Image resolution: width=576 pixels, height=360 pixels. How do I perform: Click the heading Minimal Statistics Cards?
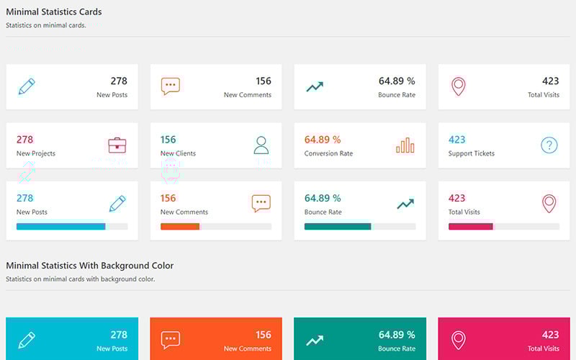coord(54,12)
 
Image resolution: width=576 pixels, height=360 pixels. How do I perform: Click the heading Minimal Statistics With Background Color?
coord(89,266)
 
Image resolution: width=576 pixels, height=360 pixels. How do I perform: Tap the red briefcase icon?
coord(117,145)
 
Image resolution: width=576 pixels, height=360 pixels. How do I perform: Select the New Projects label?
coord(36,153)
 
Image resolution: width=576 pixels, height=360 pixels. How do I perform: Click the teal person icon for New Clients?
coord(261,145)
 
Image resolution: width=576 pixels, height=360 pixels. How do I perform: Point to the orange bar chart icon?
coord(405,145)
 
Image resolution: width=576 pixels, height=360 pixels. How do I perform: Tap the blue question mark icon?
coord(549,145)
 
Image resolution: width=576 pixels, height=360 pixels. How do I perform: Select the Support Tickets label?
coord(472,153)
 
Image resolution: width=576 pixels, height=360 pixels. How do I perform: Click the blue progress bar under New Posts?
coord(61,226)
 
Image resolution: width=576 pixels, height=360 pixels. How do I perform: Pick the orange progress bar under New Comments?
coord(180,226)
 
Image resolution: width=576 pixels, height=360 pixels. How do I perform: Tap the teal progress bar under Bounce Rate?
coord(338,226)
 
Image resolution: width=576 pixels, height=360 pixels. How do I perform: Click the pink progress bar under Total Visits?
coord(471,226)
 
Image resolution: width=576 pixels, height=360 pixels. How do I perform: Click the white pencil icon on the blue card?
coord(27,340)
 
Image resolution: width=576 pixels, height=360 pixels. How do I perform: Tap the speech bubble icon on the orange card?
coord(171,340)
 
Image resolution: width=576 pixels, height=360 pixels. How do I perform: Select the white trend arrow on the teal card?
coord(315,340)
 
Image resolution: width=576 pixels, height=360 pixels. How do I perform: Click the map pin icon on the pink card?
coord(458,340)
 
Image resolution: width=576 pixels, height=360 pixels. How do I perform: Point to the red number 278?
coord(25,140)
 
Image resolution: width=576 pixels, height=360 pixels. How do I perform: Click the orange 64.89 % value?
coord(323,140)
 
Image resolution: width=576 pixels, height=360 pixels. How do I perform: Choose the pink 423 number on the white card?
coord(457,198)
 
